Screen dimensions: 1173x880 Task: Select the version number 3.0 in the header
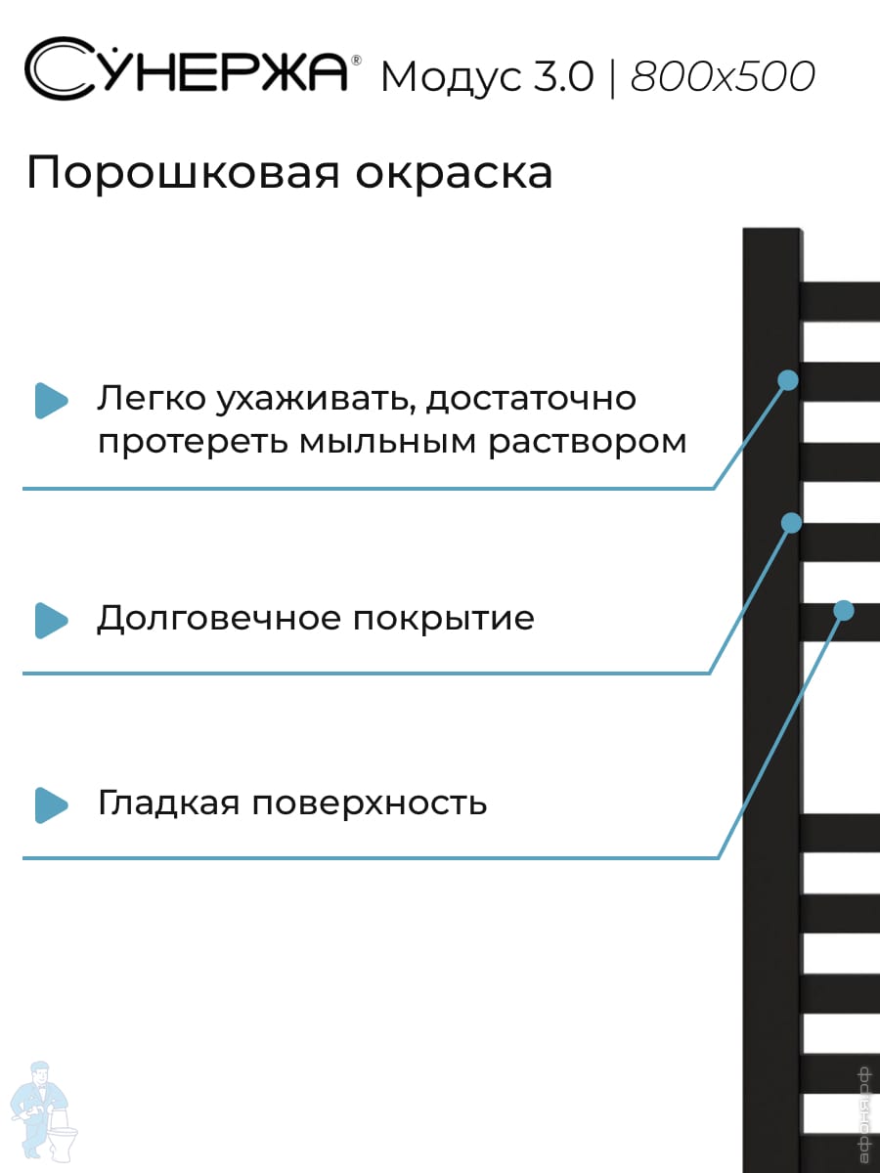click(563, 77)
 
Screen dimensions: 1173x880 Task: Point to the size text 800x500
click(723, 77)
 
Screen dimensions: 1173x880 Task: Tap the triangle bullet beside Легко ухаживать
click(51, 400)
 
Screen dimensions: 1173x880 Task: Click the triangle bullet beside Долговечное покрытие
click(51, 620)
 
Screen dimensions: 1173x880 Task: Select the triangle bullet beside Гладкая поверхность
click(51, 804)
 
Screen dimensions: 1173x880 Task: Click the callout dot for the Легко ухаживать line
click(788, 379)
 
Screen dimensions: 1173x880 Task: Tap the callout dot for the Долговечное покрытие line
click(791, 523)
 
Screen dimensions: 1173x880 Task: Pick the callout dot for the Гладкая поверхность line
click(844, 611)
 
